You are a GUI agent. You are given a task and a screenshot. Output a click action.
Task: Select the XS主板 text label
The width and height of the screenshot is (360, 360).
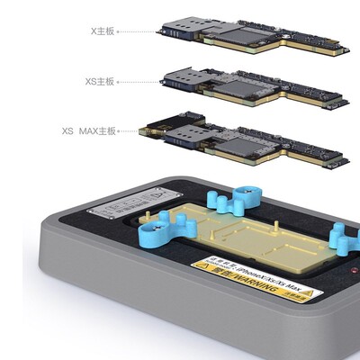coord(99,81)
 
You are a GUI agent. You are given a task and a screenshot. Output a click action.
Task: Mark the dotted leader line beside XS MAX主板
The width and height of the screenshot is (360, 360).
coord(129,132)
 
